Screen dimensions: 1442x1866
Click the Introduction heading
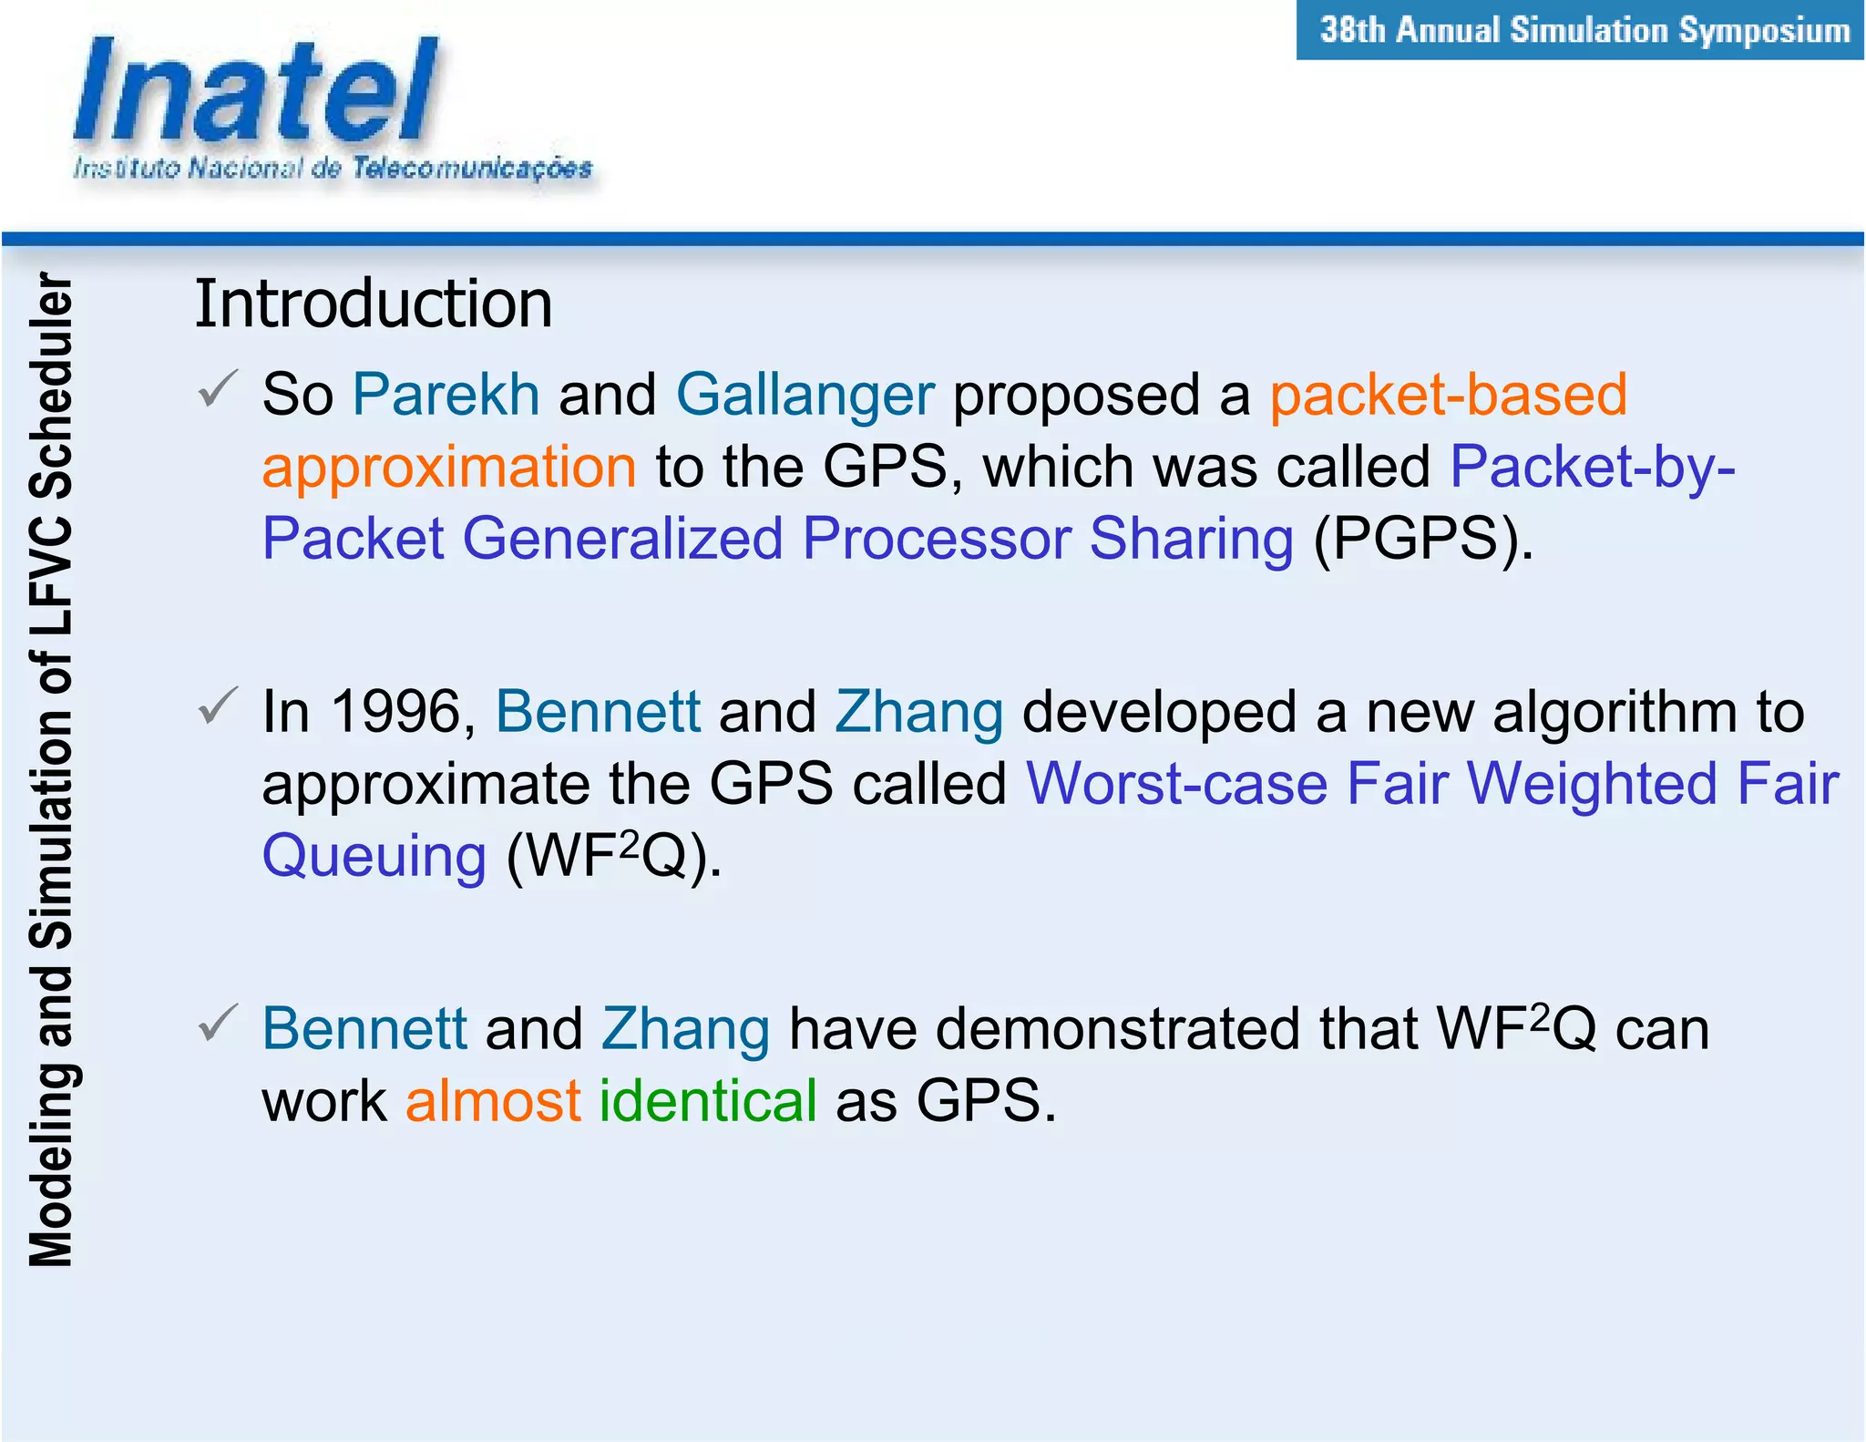(x=374, y=304)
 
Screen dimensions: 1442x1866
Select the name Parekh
(x=446, y=395)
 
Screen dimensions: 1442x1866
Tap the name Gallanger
(x=805, y=395)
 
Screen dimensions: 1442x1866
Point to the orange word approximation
(x=449, y=467)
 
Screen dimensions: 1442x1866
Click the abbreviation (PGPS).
(x=1422, y=538)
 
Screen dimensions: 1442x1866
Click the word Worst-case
(x=1176, y=784)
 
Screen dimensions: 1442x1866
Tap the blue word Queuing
(x=374, y=856)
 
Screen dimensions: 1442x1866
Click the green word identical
(x=708, y=1100)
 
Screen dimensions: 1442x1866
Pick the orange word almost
(x=493, y=1100)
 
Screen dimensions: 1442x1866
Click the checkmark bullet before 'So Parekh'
(x=218, y=389)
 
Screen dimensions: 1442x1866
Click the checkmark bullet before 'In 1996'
(x=218, y=706)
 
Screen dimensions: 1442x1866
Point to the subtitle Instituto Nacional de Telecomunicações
(x=333, y=169)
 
